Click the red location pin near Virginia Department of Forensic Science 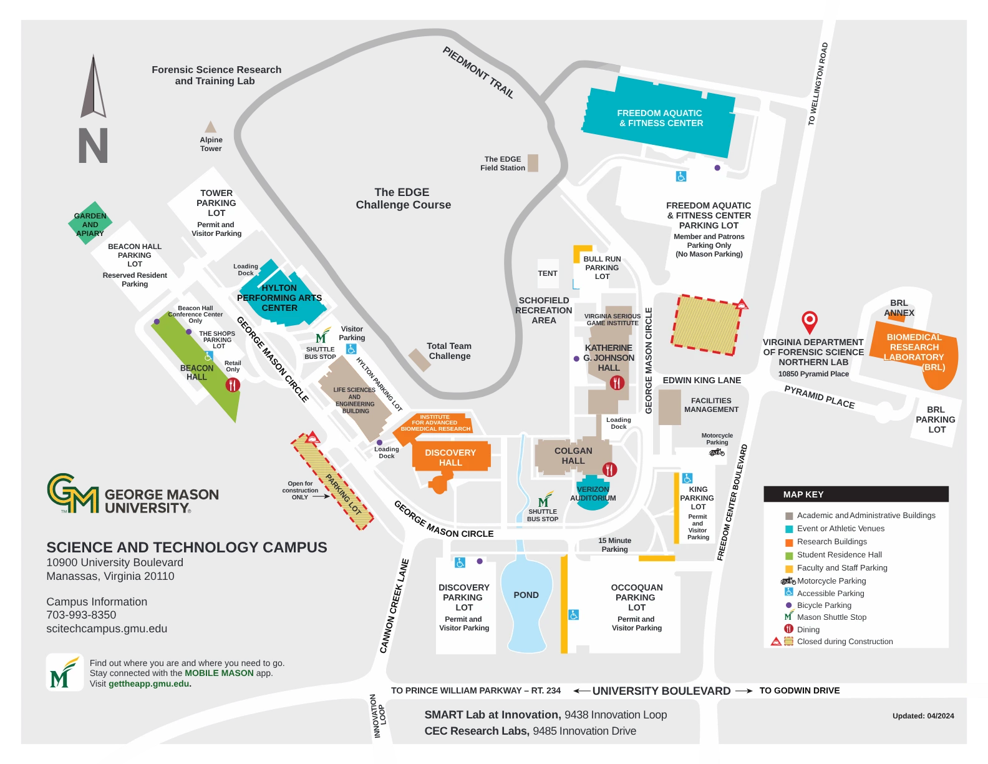point(809,321)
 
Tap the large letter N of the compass point(93,145)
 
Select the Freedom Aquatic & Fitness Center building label point(660,118)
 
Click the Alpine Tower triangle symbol point(211,128)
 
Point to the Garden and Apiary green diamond point(90,223)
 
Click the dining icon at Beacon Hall point(233,384)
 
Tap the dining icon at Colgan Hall point(609,469)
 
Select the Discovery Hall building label point(450,458)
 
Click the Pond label point(526,595)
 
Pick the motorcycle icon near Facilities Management point(717,452)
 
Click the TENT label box point(548,273)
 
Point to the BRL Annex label point(899,308)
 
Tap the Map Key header point(803,494)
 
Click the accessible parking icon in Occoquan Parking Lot point(574,615)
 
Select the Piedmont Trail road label point(478,72)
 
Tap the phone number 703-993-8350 point(81,615)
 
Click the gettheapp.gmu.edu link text point(148,683)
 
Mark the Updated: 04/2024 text point(923,716)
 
